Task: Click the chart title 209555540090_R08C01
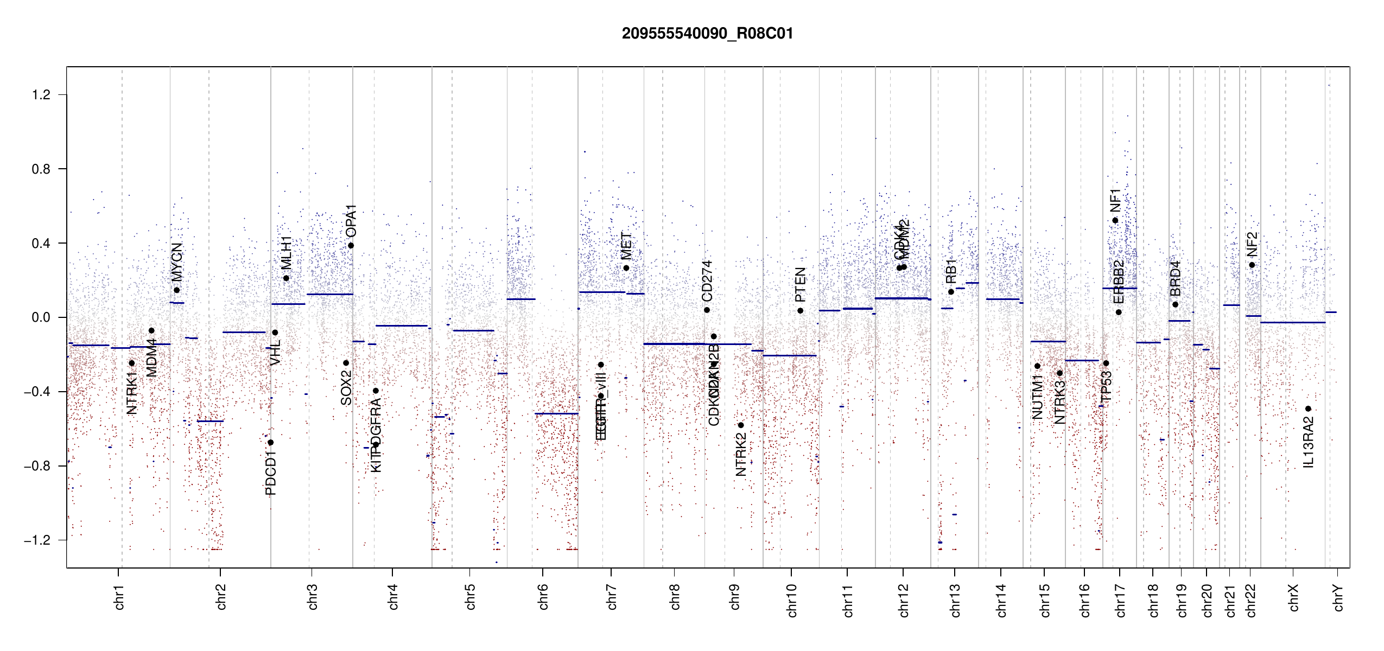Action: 707,34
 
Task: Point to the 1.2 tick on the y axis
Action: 41,95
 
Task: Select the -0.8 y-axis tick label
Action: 37,466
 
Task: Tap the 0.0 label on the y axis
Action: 41,317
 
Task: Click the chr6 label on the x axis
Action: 543,597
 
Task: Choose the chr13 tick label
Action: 955,600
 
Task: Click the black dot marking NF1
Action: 1115,220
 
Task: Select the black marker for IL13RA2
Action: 1308,409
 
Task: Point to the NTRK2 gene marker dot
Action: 741,425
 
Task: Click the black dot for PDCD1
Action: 271,443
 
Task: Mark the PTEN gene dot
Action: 800,311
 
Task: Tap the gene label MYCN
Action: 177,262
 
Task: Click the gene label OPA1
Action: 351,221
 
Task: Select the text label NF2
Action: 1252,244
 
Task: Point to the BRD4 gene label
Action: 1176,278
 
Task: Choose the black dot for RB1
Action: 951,292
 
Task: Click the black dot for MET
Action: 626,268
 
